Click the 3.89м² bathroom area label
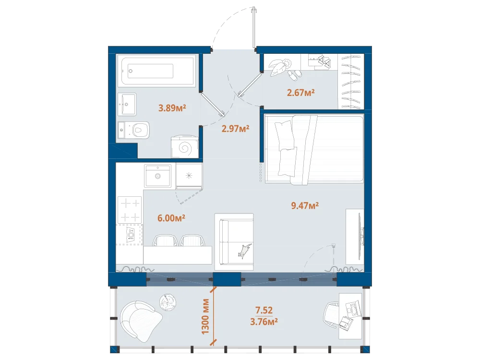coord(172,108)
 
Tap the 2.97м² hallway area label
coord(235,129)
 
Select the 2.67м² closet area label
coord(301,93)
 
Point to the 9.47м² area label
coord(305,205)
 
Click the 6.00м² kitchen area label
coord(171,218)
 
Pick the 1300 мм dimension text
coord(205,316)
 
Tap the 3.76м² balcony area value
coord(264,322)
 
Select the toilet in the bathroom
coord(134,130)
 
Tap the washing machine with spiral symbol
coord(185,147)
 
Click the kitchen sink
coord(157,176)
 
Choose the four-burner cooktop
coord(130,210)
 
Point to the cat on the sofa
coord(244,251)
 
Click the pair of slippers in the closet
coord(294,75)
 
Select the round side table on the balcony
coord(168,302)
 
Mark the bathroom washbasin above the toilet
coord(127,104)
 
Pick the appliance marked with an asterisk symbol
coord(189,176)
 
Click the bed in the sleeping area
coord(314,149)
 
